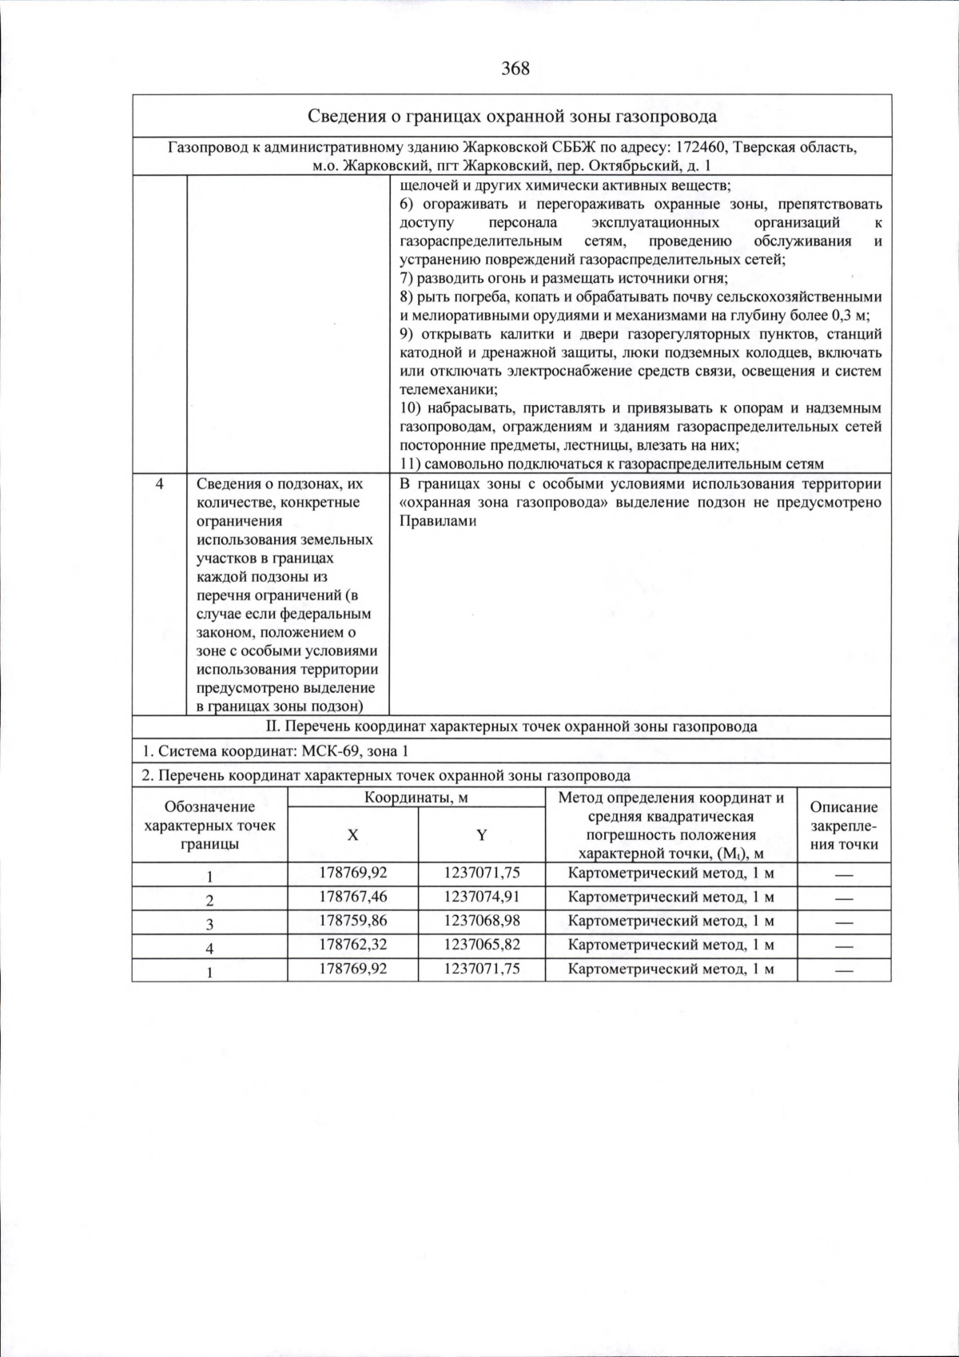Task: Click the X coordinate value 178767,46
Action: pos(352,897)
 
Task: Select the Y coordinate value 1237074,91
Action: pos(482,897)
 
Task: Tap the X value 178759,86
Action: pos(352,921)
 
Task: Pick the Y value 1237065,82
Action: pos(482,945)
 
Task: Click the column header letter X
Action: pos(352,834)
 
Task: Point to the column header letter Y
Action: pos(482,834)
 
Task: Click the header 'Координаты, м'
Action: pos(416,798)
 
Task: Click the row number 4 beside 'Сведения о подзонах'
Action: pos(159,484)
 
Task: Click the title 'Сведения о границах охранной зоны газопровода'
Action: pos(511,117)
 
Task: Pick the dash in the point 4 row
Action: pos(844,945)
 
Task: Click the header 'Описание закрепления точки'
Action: pos(844,826)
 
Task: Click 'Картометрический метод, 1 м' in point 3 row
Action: pos(671,921)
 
